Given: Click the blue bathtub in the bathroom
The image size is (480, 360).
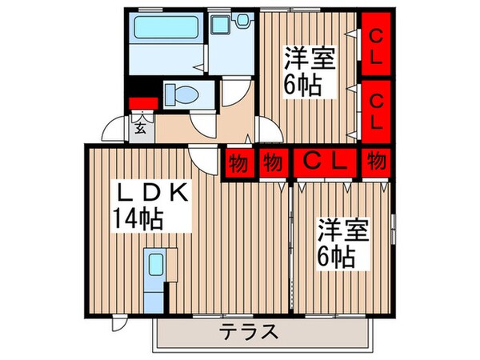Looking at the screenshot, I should click(x=165, y=32).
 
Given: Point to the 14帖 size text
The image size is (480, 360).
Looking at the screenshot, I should click(x=138, y=217).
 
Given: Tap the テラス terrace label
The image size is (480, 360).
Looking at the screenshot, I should click(x=249, y=331).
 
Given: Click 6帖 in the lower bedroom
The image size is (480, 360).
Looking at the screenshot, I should click(x=339, y=257).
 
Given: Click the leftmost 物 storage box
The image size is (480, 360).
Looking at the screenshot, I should click(x=238, y=163).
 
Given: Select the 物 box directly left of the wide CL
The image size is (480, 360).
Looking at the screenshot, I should click(x=273, y=163).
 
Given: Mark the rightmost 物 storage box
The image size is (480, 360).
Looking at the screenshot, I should click(x=375, y=162).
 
